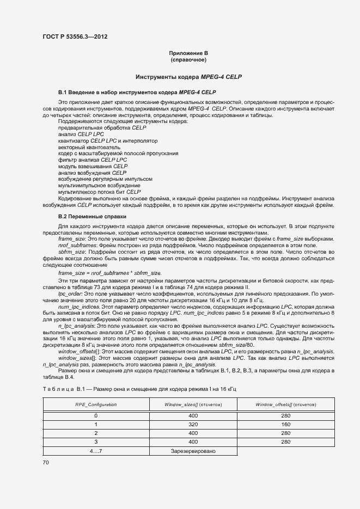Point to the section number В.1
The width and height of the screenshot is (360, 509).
62,93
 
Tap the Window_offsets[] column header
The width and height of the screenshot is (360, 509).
286,404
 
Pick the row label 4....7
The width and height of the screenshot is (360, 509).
96,451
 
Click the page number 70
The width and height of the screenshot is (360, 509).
46,462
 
